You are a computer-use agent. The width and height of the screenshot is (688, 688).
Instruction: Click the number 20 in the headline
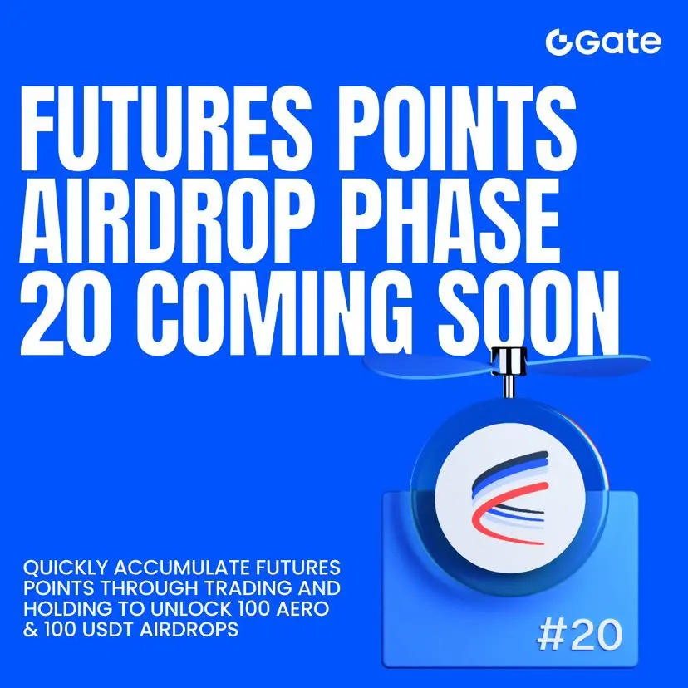coord(60,313)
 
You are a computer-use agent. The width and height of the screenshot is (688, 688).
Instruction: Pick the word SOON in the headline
coord(528,313)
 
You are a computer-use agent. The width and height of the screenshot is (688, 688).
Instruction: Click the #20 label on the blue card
coord(579,635)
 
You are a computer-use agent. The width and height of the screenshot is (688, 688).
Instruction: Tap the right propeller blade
coord(588,365)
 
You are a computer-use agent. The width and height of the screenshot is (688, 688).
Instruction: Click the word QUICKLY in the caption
coord(66,568)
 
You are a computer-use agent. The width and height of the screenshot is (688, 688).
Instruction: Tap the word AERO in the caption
coord(300,608)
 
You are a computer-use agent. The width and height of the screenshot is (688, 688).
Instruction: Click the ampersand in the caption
coord(31,630)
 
